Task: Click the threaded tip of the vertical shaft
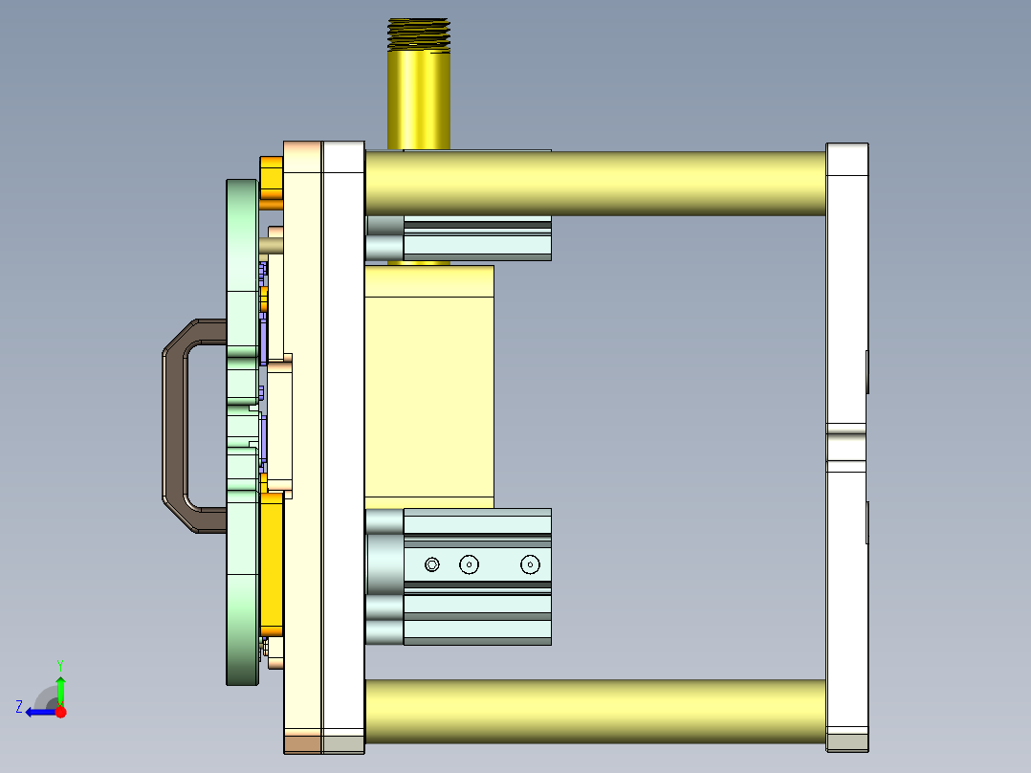point(418,34)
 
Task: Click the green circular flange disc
point(241,574)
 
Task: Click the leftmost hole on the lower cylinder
point(432,564)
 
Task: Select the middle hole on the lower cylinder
point(469,564)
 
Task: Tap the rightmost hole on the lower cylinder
point(531,564)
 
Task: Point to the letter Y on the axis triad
point(60,663)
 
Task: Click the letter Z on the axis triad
point(19,707)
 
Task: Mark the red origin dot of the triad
point(60,712)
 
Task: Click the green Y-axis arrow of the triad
point(60,689)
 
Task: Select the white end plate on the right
point(846,287)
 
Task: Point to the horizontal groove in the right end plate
point(846,445)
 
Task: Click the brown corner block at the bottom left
point(302,742)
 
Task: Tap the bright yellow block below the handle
point(272,564)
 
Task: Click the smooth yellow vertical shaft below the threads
point(418,96)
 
